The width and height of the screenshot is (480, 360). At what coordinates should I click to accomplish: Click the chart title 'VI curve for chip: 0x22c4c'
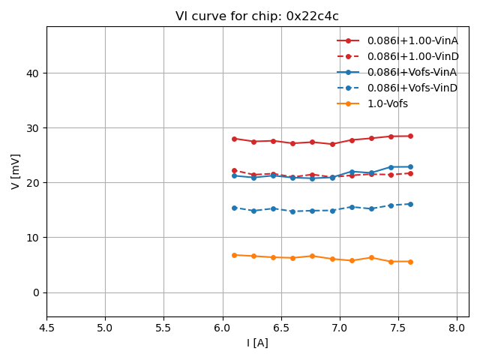(x=257, y=16)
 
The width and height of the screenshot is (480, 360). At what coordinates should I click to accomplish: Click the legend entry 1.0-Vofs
(x=387, y=103)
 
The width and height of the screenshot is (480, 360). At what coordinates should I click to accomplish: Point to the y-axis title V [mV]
(x=16, y=171)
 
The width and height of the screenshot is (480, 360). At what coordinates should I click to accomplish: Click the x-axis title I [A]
(x=257, y=343)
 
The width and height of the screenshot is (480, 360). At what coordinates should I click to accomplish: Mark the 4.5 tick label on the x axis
(x=46, y=328)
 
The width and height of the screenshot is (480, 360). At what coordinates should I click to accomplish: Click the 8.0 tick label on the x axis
(x=457, y=328)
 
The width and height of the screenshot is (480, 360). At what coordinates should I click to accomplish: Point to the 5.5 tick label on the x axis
(x=163, y=328)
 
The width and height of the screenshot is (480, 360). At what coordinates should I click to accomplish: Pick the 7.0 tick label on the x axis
(x=340, y=328)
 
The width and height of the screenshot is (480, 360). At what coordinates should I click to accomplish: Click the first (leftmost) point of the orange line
(x=234, y=255)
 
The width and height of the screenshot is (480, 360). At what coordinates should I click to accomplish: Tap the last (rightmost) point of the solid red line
(x=410, y=136)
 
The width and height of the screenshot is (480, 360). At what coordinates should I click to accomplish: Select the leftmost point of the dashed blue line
(x=234, y=208)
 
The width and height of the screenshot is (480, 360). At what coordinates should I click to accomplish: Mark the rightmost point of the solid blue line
(x=410, y=166)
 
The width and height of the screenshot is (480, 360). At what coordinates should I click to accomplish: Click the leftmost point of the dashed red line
(x=234, y=170)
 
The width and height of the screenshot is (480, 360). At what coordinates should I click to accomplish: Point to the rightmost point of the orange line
(x=410, y=262)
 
